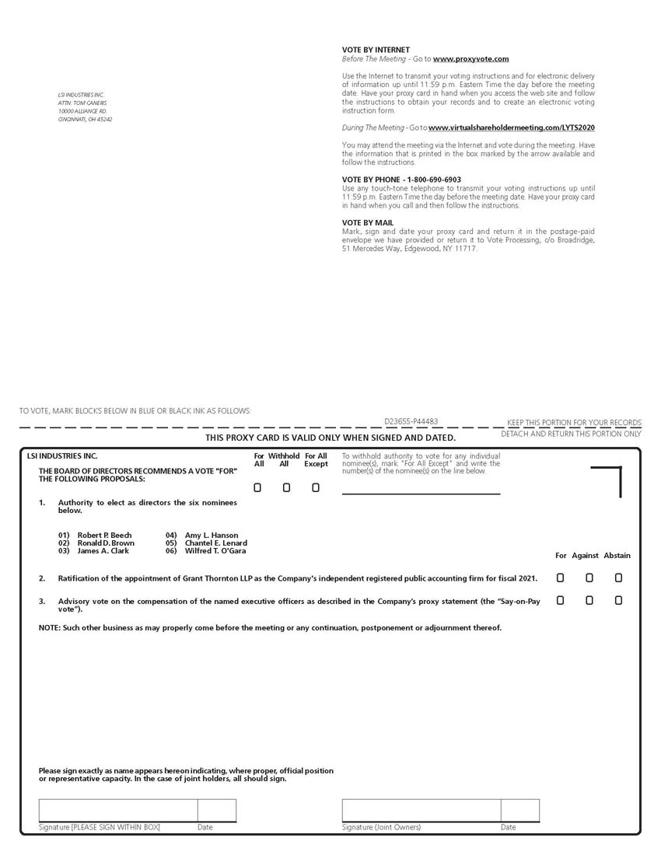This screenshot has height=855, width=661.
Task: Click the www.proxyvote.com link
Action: click(x=470, y=59)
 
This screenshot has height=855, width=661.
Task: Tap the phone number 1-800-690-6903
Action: click(x=429, y=180)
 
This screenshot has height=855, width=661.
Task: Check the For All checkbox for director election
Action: click(x=257, y=488)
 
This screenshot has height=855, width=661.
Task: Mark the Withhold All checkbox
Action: click(x=286, y=488)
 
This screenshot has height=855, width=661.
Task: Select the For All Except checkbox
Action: click(x=316, y=488)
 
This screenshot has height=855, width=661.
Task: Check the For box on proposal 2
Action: click(x=560, y=578)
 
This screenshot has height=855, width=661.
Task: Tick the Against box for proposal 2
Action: click(x=589, y=578)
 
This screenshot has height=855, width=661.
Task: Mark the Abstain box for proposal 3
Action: click(x=618, y=600)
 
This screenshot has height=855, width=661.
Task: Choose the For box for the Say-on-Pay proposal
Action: click(x=560, y=600)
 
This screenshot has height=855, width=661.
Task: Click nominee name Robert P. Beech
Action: click(x=104, y=536)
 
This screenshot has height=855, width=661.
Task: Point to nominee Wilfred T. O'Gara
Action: click(x=215, y=551)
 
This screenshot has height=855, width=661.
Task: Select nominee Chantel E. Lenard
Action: click(x=215, y=543)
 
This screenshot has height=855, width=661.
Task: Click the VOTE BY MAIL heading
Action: click(x=368, y=223)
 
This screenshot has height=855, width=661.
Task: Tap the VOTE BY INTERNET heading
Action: click(x=376, y=50)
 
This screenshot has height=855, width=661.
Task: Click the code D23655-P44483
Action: click(x=411, y=422)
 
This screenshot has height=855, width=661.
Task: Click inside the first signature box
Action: click(x=117, y=810)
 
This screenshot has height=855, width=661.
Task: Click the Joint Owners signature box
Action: click(x=421, y=810)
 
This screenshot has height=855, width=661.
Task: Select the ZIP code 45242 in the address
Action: click(x=104, y=120)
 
